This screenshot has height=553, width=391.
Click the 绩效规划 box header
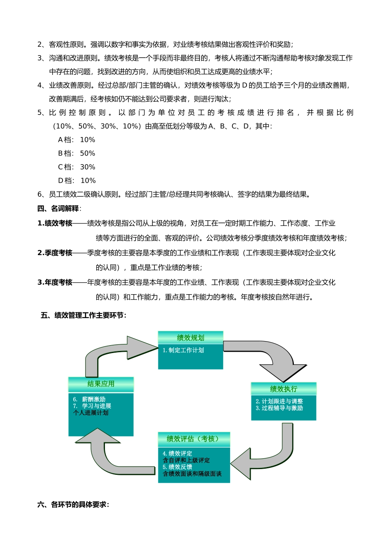tap(191, 338)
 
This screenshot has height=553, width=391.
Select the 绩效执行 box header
tap(284, 389)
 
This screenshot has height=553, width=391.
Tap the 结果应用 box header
tap(101, 384)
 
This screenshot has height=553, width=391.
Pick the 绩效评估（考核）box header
tap(193, 439)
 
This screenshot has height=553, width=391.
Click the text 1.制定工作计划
tap(184, 350)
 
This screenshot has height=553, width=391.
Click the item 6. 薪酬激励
tap(89, 399)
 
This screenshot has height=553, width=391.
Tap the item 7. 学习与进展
tap(92, 406)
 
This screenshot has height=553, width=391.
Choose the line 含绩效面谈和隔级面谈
tap(192, 474)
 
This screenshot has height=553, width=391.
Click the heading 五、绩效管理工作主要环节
tap(84, 316)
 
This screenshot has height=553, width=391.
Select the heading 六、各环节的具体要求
tap(73, 504)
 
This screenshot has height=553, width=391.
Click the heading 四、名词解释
tap(59, 209)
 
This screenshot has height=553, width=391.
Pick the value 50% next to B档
tap(88, 153)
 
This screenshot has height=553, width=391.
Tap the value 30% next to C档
tap(88, 167)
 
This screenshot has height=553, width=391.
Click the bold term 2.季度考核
tap(55, 253)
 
